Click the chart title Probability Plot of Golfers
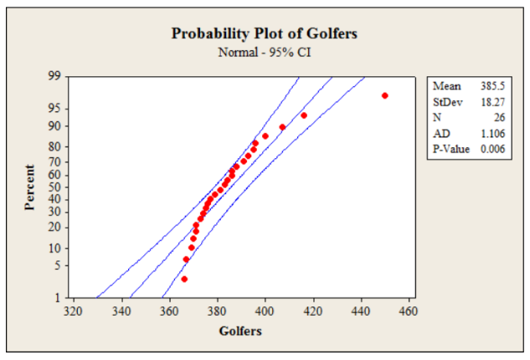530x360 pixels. pyautogui.click(x=265, y=34)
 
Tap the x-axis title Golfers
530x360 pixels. pyautogui.click(x=240, y=331)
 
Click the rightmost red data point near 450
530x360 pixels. pyautogui.click(x=385, y=95)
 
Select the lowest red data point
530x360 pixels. pyautogui.click(x=184, y=279)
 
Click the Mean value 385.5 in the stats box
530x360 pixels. pyautogui.click(x=489, y=85)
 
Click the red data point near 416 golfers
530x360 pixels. pyautogui.click(x=304, y=115)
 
